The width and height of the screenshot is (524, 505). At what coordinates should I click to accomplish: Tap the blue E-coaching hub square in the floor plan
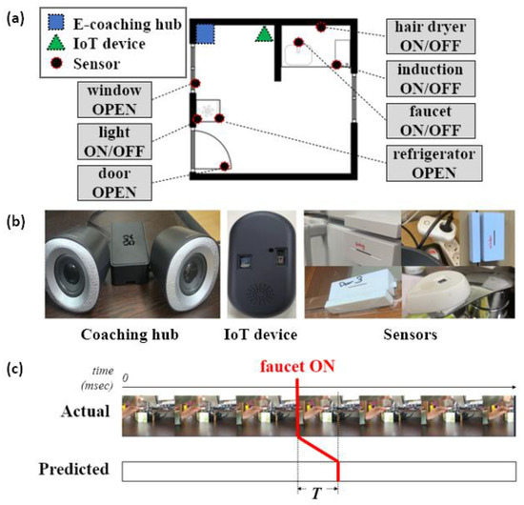pyautogui.click(x=205, y=34)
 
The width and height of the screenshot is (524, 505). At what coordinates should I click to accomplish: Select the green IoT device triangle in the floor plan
pyautogui.click(x=264, y=34)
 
